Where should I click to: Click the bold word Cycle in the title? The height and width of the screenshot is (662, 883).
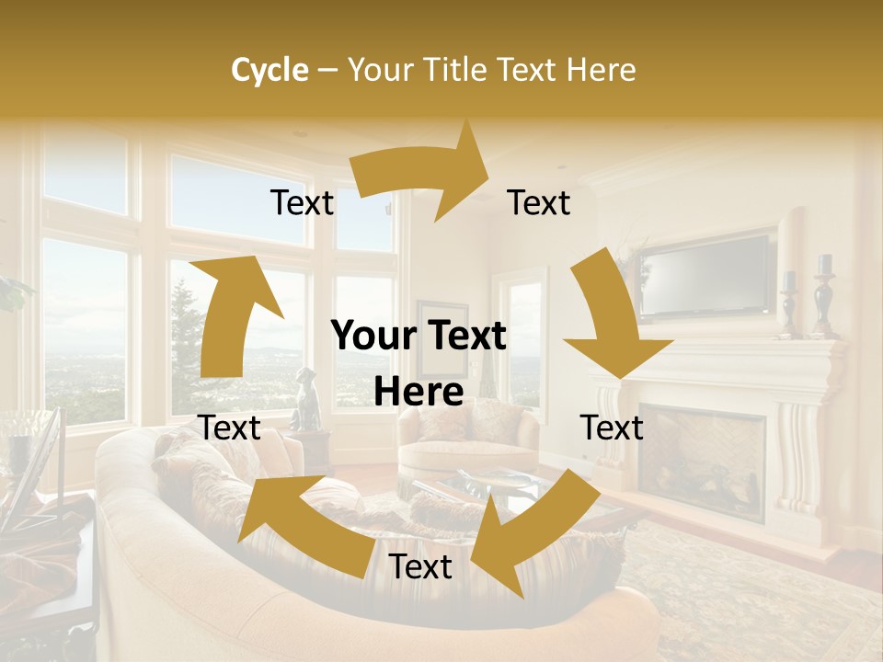coord(269,70)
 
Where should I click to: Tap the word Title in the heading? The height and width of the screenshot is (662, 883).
coord(455,70)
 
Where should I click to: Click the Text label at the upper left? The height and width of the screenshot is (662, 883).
coord(302,203)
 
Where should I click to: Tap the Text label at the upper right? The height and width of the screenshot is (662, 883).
coord(539,203)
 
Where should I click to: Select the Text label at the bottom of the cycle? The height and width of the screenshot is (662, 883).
coord(420,566)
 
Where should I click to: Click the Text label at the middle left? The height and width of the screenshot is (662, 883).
coord(229,428)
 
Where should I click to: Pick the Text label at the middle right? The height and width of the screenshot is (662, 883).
coord(612,428)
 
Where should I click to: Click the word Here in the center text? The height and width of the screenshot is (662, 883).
coord(419,392)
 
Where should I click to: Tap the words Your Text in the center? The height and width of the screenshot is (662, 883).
coord(419,337)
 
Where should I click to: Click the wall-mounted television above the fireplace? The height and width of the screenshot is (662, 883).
coord(706,275)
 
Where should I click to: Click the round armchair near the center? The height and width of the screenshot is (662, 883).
coord(469,437)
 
